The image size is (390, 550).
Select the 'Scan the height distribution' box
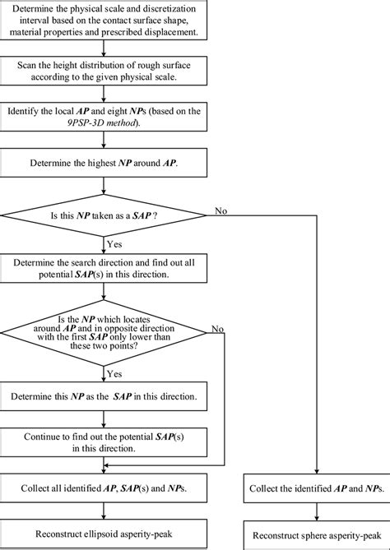coord(106,71)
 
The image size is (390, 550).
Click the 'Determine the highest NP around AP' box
coord(106,162)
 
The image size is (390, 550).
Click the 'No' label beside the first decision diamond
coord(221,210)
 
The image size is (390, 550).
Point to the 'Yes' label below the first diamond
coord(114,243)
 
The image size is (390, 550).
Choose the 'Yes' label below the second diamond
coord(114,374)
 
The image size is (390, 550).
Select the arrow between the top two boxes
coord(106,49)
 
